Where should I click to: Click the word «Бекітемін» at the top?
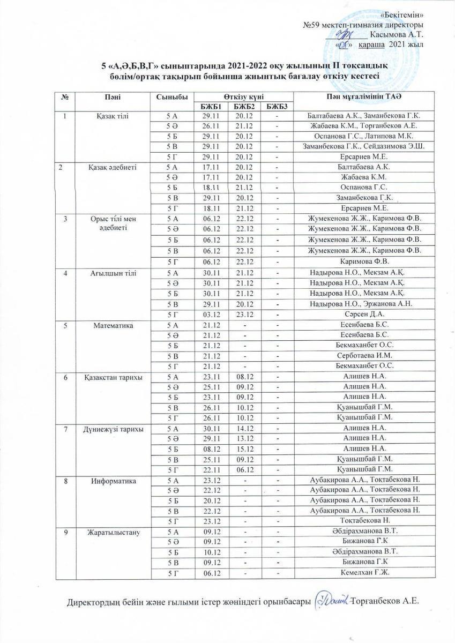(405, 14)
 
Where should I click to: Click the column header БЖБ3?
(277, 106)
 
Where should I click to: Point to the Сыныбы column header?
(171, 96)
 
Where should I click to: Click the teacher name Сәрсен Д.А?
(364, 315)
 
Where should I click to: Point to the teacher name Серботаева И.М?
(364, 355)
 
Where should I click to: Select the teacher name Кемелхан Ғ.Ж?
(364, 573)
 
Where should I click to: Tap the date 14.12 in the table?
(244, 428)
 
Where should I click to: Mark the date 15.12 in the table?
(244, 448)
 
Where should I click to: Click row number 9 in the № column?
(65, 532)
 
